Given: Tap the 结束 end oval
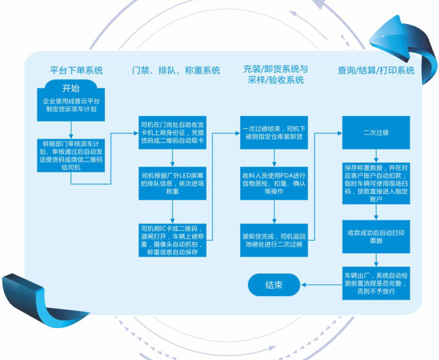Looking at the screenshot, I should pos(274,284).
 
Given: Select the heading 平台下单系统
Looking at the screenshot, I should pos(76,70).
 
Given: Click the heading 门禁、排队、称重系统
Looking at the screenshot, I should pos(175,70).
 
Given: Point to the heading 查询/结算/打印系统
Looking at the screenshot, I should pos(376,70).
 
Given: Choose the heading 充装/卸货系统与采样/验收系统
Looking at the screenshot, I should pos(275,74).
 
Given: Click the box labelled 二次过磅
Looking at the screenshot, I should pos(376,132).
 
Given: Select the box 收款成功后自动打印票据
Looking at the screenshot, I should pos(376,236).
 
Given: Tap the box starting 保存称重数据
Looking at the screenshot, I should pos(376,184).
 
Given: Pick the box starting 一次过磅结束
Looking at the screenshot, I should pos(274,132).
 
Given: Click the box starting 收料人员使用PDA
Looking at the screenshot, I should pos(274,184).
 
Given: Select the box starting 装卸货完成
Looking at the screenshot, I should pos(274,236).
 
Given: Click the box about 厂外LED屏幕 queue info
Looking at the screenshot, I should pos(173,184).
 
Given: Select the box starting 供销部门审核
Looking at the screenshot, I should pos(71,154).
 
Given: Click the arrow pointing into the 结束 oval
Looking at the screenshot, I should pos(319,284).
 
